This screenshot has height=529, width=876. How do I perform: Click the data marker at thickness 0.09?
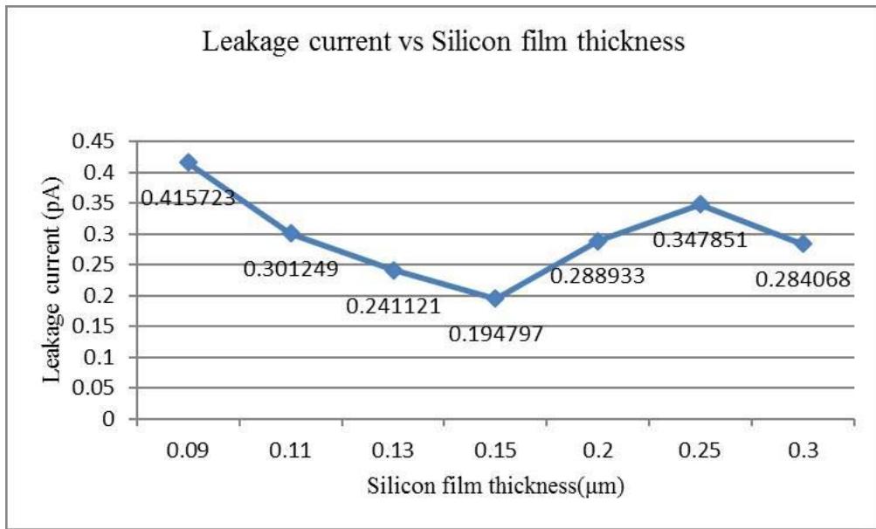(189, 162)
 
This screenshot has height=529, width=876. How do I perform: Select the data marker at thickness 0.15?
(495, 299)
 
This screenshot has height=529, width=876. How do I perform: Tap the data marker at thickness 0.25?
(700, 204)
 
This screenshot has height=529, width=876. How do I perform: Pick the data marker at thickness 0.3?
(803, 244)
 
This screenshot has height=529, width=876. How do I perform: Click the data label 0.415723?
(188, 198)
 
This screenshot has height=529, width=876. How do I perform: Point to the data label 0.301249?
(290, 269)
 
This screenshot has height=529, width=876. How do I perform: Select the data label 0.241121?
(393, 306)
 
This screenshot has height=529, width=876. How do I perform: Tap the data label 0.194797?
(495, 334)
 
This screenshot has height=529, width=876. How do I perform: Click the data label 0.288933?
(597, 276)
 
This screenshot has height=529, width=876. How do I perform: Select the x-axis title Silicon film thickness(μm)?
(495, 486)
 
